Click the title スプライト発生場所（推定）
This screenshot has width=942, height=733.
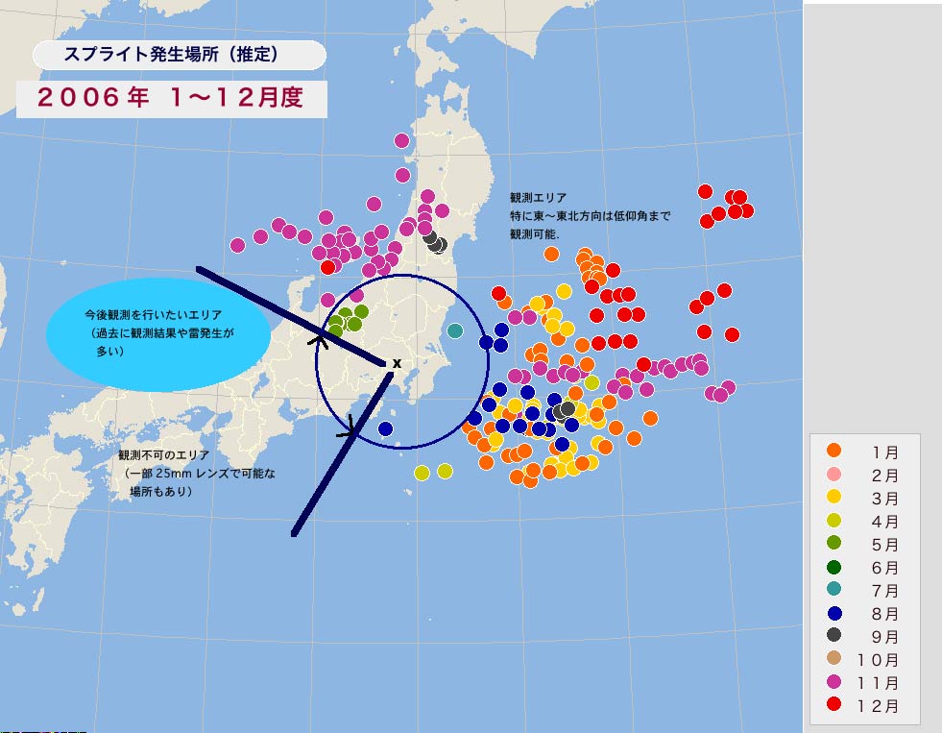click(x=171, y=56)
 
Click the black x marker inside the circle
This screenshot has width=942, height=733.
click(x=397, y=362)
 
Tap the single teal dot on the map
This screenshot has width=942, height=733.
click(x=455, y=331)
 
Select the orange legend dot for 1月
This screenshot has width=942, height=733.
click(x=834, y=451)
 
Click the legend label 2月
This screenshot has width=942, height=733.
click(x=886, y=475)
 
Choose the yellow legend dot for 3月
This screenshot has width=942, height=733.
click(x=834, y=497)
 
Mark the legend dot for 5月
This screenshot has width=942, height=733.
click(x=834, y=544)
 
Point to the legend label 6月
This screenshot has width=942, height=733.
click(x=886, y=568)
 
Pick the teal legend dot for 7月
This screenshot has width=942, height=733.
click(x=834, y=590)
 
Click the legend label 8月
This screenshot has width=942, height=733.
click(x=886, y=614)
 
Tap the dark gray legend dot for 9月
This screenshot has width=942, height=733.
click(x=834, y=636)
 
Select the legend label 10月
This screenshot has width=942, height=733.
click(x=880, y=660)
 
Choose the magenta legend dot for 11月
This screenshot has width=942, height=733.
click(x=834, y=683)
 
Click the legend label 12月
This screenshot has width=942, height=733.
click(x=880, y=707)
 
